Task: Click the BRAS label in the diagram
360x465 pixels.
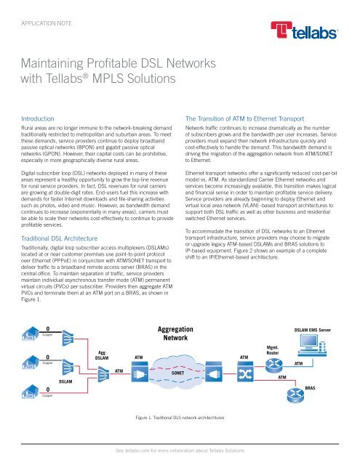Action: pos(332,389)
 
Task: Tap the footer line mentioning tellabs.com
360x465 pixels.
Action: pos(180,450)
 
